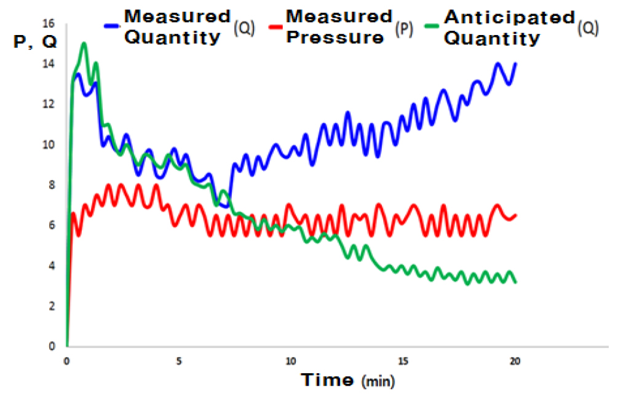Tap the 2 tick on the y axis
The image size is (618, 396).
point(52,306)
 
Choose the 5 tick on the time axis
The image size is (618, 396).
point(178,361)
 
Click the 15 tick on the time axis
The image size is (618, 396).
point(403,361)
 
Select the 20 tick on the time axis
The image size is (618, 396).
point(515,361)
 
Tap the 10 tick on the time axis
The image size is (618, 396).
point(291,361)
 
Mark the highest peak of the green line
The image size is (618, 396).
point(84,44)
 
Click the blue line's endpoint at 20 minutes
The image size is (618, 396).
point(515,63)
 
